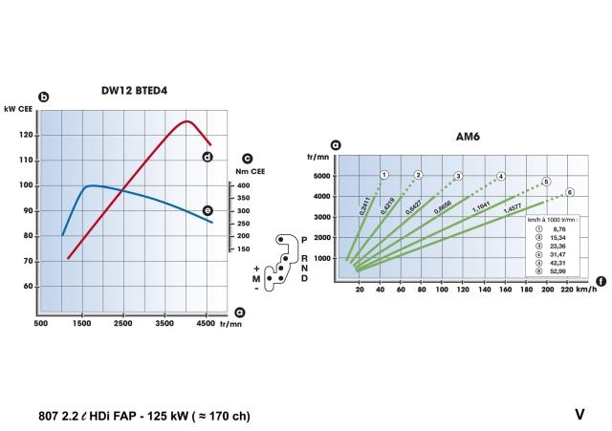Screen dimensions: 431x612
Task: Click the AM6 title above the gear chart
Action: pos(469,138)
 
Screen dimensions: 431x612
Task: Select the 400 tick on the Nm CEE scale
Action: pos(243,185)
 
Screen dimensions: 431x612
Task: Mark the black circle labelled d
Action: pos(208,156)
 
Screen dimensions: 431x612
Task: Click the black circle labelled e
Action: pos(208,210)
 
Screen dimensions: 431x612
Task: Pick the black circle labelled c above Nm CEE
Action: pos(247,160)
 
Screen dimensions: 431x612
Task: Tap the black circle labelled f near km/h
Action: pos(600,281)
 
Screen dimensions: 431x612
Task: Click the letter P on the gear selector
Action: pos(304,237)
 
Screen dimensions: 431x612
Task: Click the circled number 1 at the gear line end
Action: pos(383,175)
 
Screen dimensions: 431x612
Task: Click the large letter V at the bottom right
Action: pos(579,414)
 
